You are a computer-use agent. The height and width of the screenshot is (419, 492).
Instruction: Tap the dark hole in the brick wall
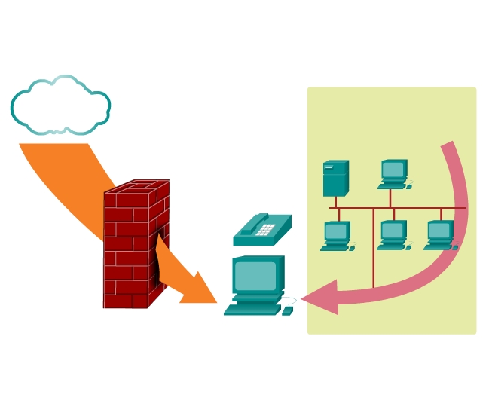click(158, 264)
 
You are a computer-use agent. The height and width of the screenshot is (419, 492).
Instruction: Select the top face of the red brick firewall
click(137, 186)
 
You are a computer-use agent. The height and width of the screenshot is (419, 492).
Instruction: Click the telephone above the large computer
click(261, 230)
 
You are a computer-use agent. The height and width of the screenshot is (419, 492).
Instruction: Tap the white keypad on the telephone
click(265, 229)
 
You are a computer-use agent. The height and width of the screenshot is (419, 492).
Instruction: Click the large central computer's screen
click(255, 276)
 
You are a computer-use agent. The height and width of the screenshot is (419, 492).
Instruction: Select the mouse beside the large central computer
click(287, 310)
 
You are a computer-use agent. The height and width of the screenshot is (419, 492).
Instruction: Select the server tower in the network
click(335, 179)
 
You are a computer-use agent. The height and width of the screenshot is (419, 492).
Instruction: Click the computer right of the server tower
click(393, 173)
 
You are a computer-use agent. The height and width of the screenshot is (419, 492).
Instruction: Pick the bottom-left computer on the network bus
click(336, 235)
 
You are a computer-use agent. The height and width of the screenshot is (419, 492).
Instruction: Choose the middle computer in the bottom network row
click(393, 234)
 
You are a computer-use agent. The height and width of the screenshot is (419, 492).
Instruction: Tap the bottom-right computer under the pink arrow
click(440, 234)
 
